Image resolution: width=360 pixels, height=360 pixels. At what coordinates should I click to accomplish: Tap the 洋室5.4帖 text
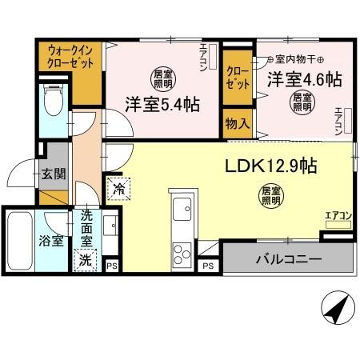tap(161, 104)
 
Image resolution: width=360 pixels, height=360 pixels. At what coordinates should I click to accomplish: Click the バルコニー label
tap(289, 259)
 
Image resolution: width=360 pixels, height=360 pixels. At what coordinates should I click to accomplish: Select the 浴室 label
tap(52, 241)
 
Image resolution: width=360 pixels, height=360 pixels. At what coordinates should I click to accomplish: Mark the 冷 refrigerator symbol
tap(118, 190)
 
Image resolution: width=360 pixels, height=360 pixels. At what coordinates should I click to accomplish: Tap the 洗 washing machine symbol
tap(84, 259)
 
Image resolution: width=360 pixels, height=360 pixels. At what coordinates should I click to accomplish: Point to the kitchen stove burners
tap(182, 252)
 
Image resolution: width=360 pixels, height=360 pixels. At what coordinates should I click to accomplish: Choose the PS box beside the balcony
tap(207, 265)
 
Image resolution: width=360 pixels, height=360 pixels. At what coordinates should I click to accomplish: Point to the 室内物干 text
tap(292, 58)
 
